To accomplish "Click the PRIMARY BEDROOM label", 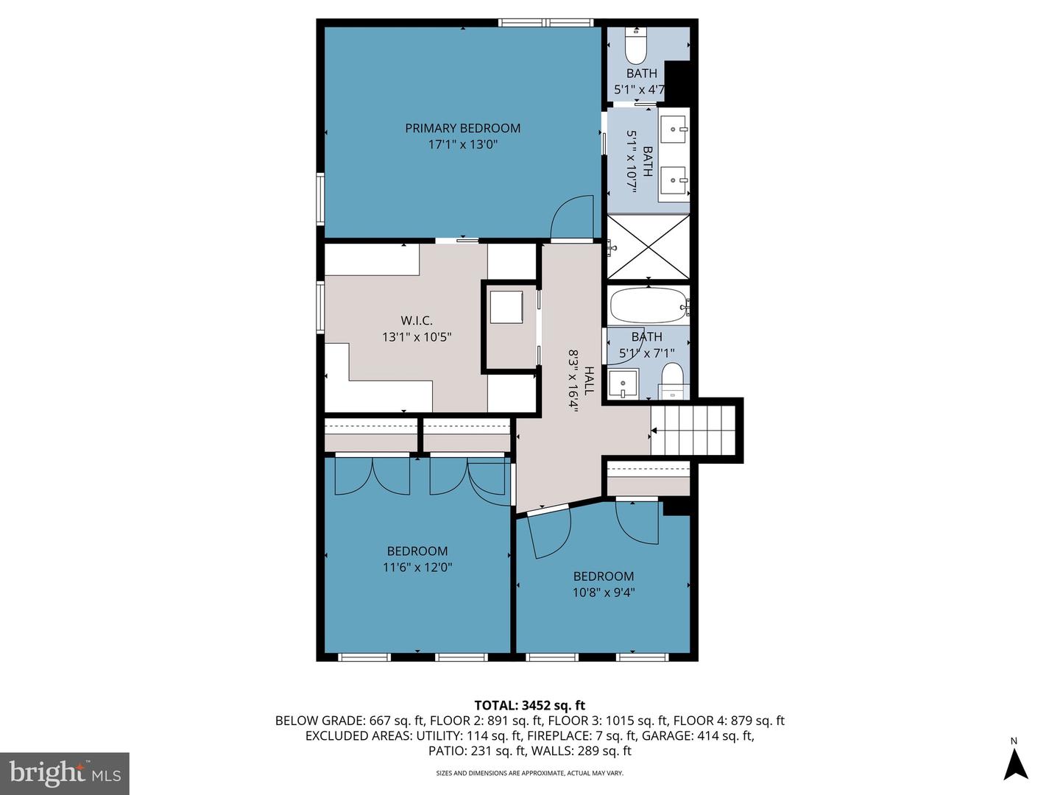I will coord(462,128).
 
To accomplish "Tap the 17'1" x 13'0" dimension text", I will coord(462,145).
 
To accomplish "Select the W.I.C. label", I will coord(417,321).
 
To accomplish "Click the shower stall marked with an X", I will coord(648,247).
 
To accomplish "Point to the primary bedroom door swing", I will coord(572,217).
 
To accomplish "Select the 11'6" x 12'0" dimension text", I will coord(417,568).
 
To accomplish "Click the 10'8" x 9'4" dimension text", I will coord(604,593).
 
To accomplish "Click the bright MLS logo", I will coord(65,773).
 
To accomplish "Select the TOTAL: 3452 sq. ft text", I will coord(530,706).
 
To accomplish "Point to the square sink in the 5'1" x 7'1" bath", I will coord(623,384).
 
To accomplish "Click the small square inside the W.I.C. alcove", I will coord(506,307).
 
